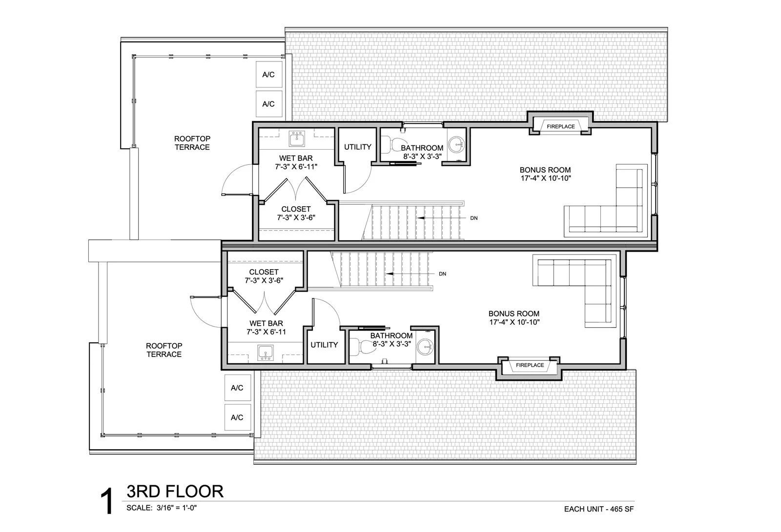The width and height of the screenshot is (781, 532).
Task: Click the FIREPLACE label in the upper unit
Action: click(560, 126)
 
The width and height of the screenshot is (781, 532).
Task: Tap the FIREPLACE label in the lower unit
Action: click(530, 365)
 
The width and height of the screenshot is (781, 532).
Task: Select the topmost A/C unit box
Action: click(269, 75)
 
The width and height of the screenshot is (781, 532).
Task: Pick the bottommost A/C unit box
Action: click(237, 417)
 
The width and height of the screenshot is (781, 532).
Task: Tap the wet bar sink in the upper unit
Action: click(296, 140)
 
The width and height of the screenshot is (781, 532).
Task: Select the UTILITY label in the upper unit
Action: click(358, 147)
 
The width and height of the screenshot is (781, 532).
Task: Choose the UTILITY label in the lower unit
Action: click(324, 345)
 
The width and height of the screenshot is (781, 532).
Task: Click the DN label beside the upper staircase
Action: click(473, 218)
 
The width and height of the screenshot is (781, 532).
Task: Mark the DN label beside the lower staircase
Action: click(442, 274)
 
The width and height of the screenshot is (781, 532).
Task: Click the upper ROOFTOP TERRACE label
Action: click(192, 143)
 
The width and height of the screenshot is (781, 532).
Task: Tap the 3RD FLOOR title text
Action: click(175, 491)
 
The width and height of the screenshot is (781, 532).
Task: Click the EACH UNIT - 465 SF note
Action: click(599, 509)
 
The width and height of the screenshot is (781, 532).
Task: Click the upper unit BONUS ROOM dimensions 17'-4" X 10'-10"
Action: click(545, 178)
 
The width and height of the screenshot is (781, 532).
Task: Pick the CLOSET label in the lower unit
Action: click(264, 272)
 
